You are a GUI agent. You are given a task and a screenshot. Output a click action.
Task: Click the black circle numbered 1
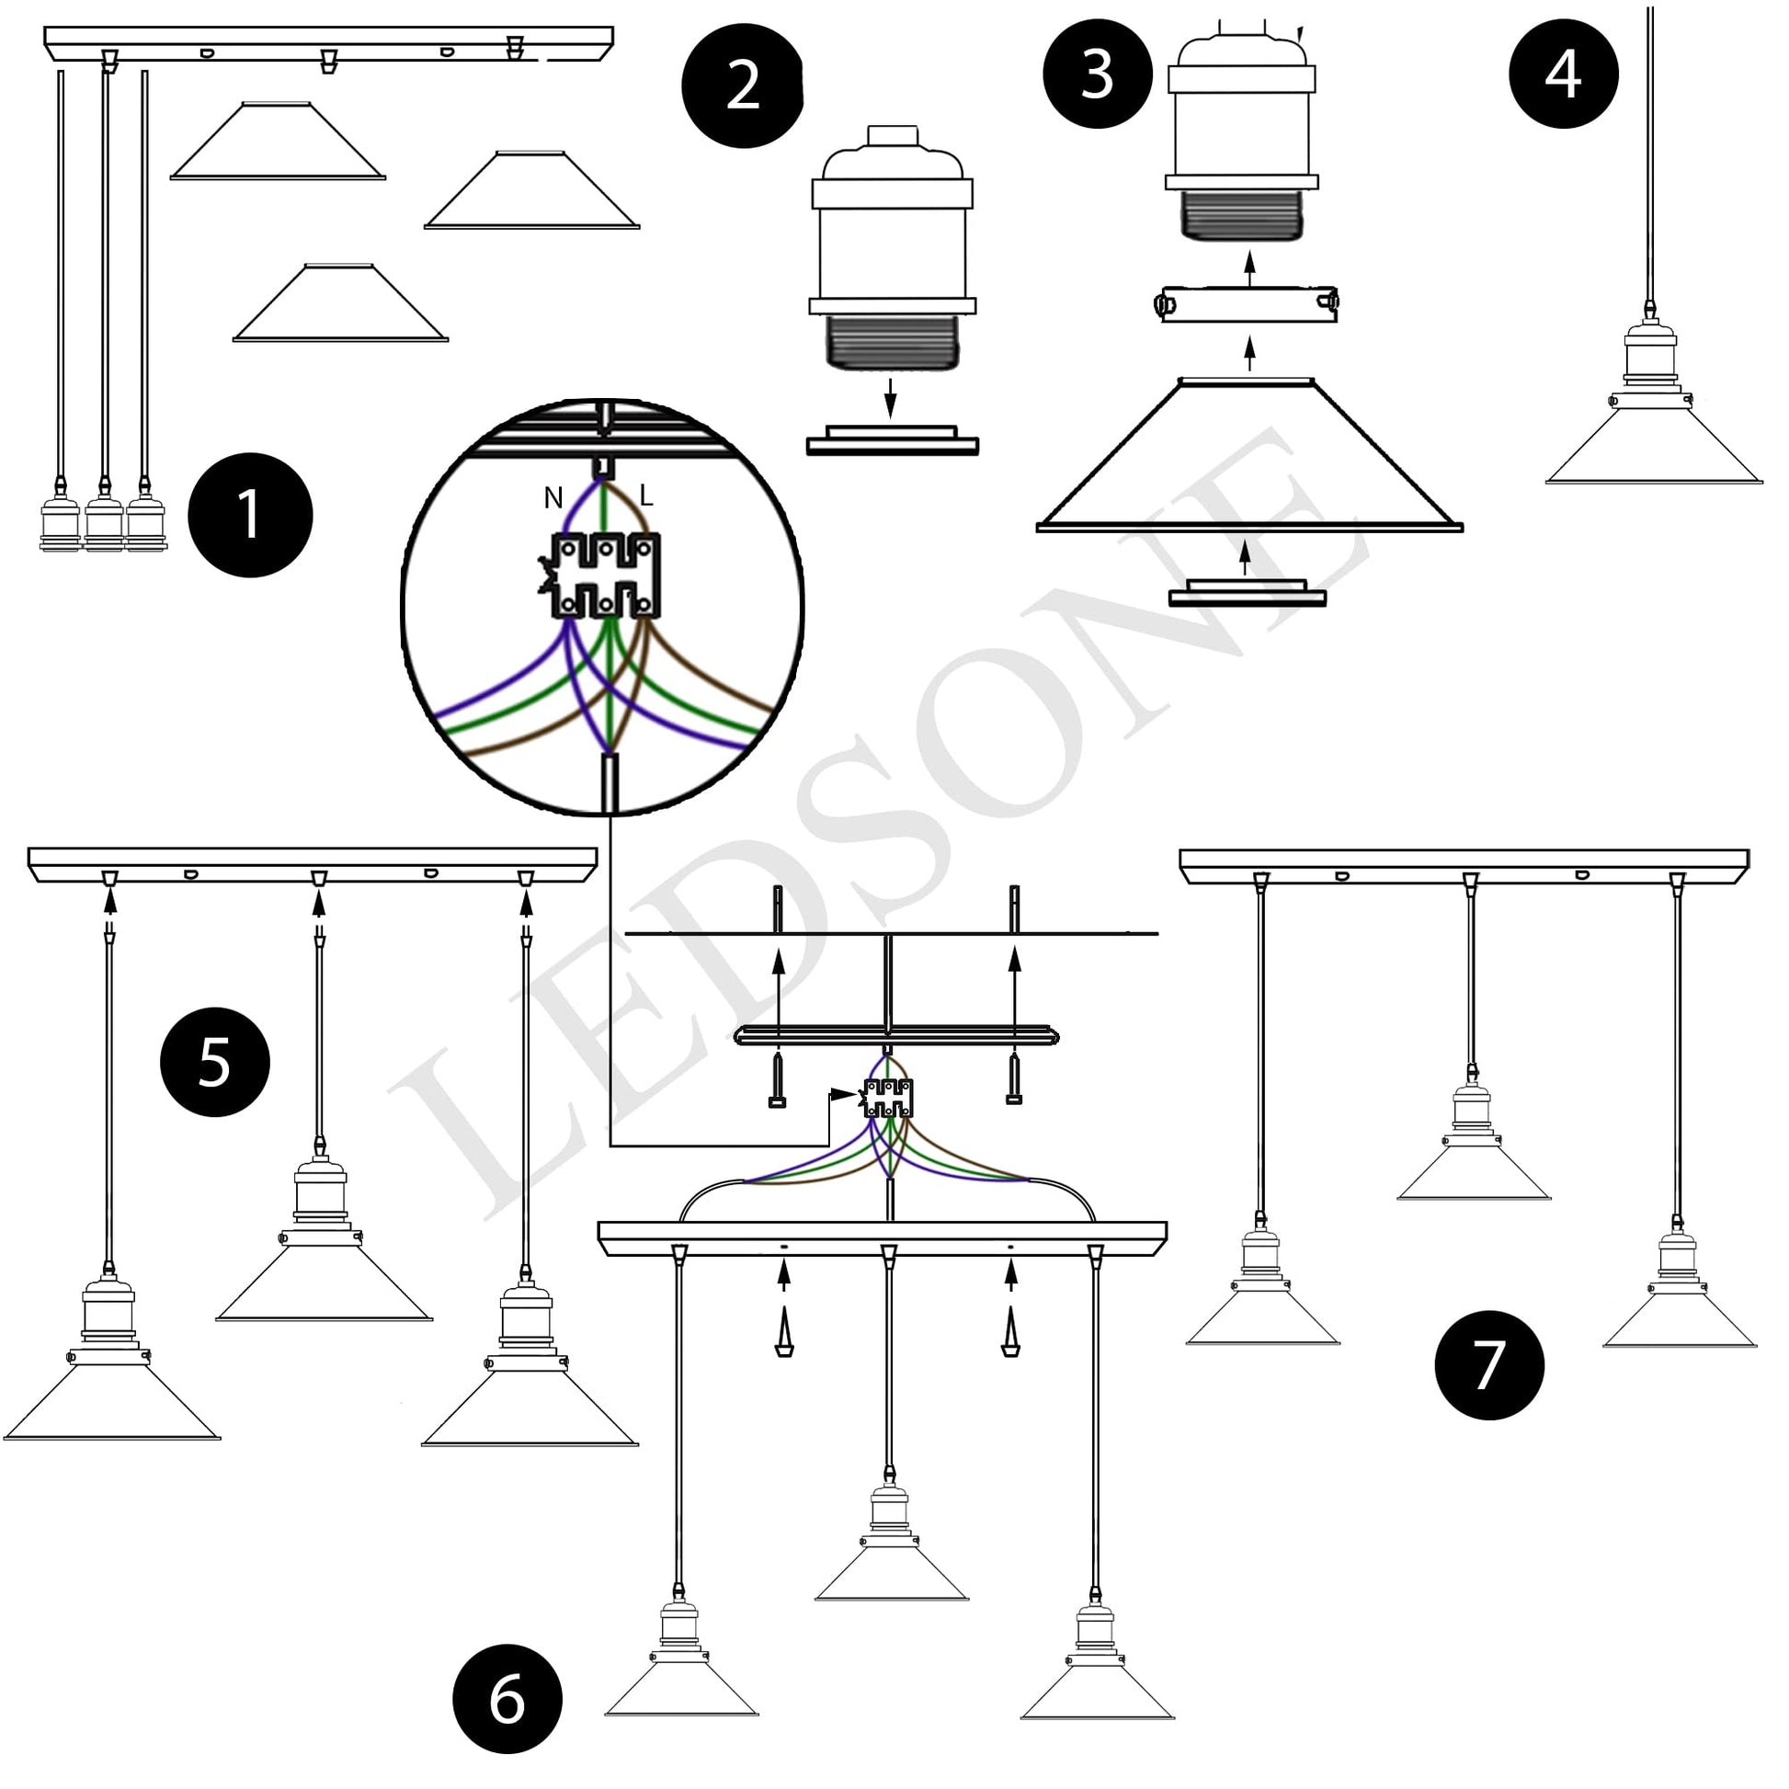pos(250,515)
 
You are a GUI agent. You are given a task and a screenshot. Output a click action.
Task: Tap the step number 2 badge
pos(743,86)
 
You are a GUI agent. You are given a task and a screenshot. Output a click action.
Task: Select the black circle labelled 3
pos(1098,74)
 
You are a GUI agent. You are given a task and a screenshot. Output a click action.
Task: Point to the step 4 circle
pos(1563,74)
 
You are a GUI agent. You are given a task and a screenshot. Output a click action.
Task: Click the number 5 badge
pos(215,1061)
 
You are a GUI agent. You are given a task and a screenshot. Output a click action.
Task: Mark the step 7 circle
pos(1489,1365)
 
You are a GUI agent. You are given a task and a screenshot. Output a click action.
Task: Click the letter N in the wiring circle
pos(553,498)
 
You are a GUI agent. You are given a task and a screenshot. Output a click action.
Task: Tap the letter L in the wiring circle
pos(646,496)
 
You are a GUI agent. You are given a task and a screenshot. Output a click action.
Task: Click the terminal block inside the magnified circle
pos(606,576)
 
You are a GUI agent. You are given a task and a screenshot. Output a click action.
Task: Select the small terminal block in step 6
pos(888,1098)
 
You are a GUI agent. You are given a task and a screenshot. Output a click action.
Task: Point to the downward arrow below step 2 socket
pos(890,397)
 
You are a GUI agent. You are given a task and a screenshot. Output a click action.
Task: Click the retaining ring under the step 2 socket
pos(892,440)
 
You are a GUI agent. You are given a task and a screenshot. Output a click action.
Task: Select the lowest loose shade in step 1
pos(340,305)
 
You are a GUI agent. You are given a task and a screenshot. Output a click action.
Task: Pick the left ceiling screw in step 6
pos(779,1078)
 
